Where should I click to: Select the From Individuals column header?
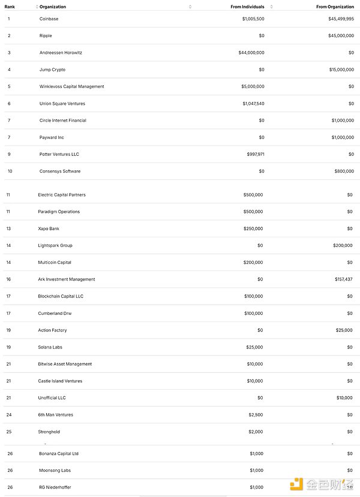point(247,7)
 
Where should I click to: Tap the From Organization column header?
point(335,7)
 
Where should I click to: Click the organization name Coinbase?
point(49,19)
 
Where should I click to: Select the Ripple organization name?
point(46,35)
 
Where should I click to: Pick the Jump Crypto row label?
point(52,70)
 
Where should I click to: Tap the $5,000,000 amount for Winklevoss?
point(253,86)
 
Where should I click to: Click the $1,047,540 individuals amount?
point(253,104)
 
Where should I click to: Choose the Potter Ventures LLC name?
point(59,154)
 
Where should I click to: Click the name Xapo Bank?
point(49,228)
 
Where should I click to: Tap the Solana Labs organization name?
point(50,347)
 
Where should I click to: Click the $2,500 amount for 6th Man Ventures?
point(256,415)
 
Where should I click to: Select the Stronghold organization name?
point(49,432)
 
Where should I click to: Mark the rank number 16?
point(8,279)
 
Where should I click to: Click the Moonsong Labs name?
point(55,471)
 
